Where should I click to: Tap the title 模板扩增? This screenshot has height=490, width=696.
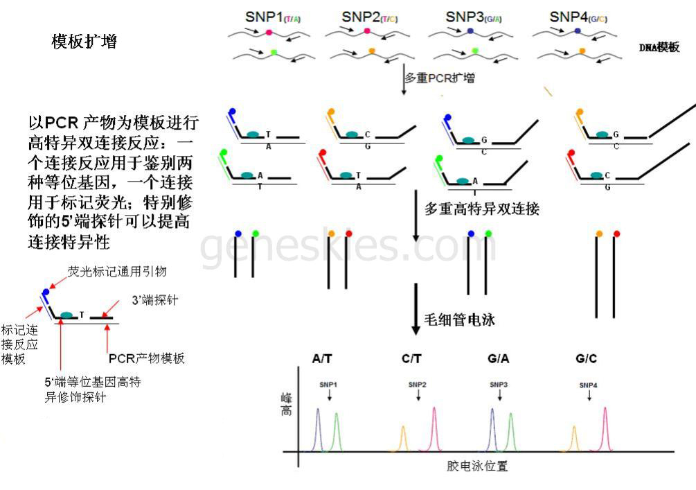coord(84,42)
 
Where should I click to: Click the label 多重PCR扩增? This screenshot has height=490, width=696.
coord(440,78)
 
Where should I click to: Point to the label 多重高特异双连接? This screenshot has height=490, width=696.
coord(482,208)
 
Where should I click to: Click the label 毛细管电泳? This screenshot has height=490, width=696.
coord(460,320)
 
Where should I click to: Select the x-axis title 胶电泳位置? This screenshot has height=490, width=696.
coord(477,466)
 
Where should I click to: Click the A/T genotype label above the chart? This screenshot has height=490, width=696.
coord(322,359)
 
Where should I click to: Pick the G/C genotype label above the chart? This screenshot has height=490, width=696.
coord(586,359)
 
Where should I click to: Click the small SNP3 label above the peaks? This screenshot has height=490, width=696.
coord(499,384)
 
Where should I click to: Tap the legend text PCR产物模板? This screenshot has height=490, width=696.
coord(147,358)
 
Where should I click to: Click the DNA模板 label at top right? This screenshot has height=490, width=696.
coord(659,47)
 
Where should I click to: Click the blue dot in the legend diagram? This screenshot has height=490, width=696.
coord(46,292)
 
